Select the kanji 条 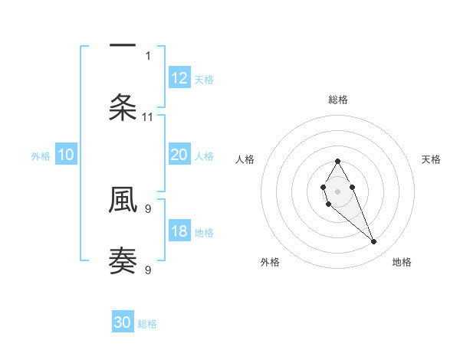(123, 107)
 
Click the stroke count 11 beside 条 (148, 117)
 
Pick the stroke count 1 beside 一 (148, 55)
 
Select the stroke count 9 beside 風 (148, 208)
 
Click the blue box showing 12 (179, 78)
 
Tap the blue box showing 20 (179, 155)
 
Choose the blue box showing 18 (179, 232)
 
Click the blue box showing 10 (66, 155)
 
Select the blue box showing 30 (123, 323)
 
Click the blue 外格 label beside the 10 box (41, 156)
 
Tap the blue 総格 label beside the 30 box (147, 324)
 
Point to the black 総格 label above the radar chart (338, 100)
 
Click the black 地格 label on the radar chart (402, 263)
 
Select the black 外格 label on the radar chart (270, 263)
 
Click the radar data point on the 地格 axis (373, 242)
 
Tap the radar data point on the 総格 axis (337, 161)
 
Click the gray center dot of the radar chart (337, 190)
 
